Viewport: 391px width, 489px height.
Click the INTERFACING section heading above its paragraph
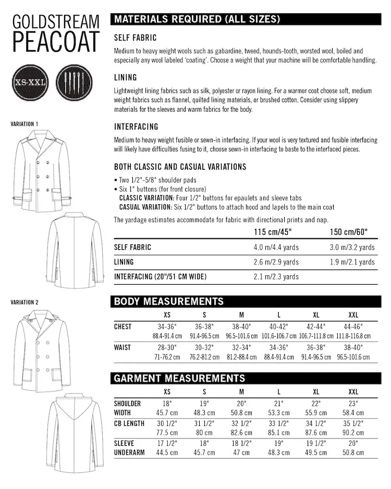pos(136,127)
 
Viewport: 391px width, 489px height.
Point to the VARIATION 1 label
pos(25,124)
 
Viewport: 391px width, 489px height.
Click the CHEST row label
pos(123,327)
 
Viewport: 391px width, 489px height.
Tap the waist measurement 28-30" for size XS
pos(167,347)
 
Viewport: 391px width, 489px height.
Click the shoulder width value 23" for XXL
pos(353,403)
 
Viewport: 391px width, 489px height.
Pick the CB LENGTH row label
pos(129,423)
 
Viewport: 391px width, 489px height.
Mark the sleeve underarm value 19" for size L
pos(278,443)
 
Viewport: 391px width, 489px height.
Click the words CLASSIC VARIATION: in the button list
pos(151,198)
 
